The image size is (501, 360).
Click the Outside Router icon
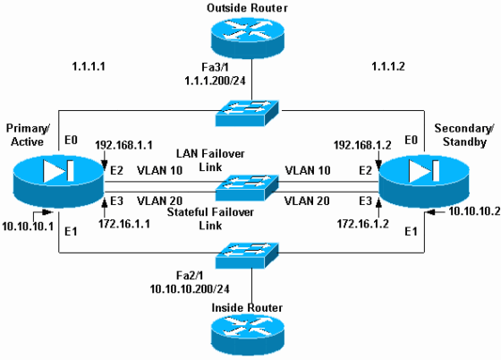click(251, 40)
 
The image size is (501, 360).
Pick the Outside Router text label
click(251, 9)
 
